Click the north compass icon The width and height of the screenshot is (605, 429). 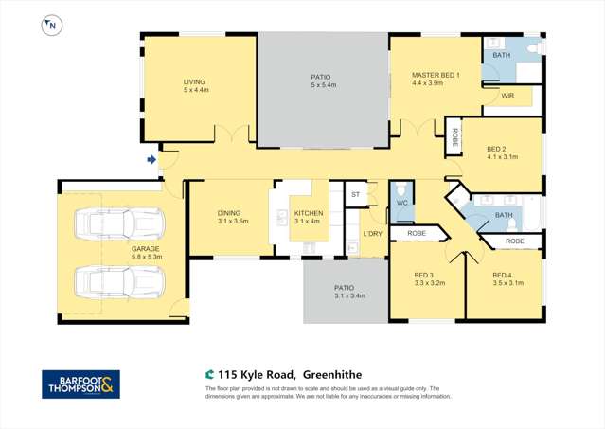[50, 26]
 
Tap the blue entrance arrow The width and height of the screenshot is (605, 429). [151, 160]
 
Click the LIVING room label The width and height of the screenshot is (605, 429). [194, 82]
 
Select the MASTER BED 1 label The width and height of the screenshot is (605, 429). [436, 75]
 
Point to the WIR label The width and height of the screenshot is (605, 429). [507, 96]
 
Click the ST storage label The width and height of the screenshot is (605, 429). [356, 194]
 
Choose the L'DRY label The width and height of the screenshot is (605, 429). [371, 233]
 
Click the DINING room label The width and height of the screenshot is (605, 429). [228, 213]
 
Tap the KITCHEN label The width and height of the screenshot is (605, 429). [309, 213]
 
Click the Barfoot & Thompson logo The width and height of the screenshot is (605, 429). [81, 384]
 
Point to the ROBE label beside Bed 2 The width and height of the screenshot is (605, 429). [454, 136]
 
